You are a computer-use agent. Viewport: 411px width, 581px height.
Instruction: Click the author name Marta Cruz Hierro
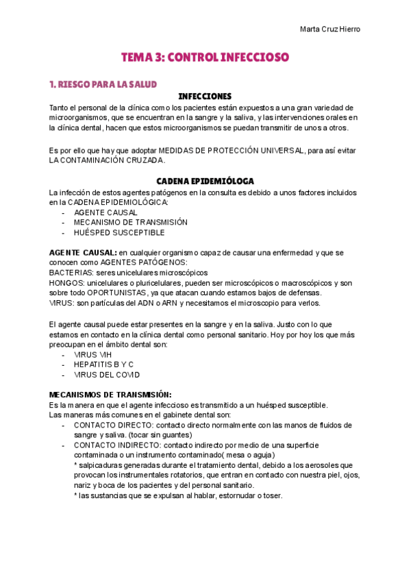coord(330,29)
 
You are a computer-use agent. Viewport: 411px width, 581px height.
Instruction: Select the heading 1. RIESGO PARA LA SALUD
coord(103,84)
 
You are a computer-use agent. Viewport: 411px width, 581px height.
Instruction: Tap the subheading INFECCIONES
coord(205,97)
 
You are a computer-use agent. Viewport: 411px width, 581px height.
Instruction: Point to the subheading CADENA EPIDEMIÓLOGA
coord(206,181)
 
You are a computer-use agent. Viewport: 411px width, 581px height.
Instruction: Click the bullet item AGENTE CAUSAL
coord(105,212)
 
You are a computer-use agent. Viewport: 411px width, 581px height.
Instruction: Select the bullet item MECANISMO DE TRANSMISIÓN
coord(130,223)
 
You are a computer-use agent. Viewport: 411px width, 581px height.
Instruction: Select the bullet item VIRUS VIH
coord(92,355)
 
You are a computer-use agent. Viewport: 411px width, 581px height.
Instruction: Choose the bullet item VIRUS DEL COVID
coord(107,375)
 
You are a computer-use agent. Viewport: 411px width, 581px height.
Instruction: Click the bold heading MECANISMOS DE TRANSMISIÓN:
coord(110,395)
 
